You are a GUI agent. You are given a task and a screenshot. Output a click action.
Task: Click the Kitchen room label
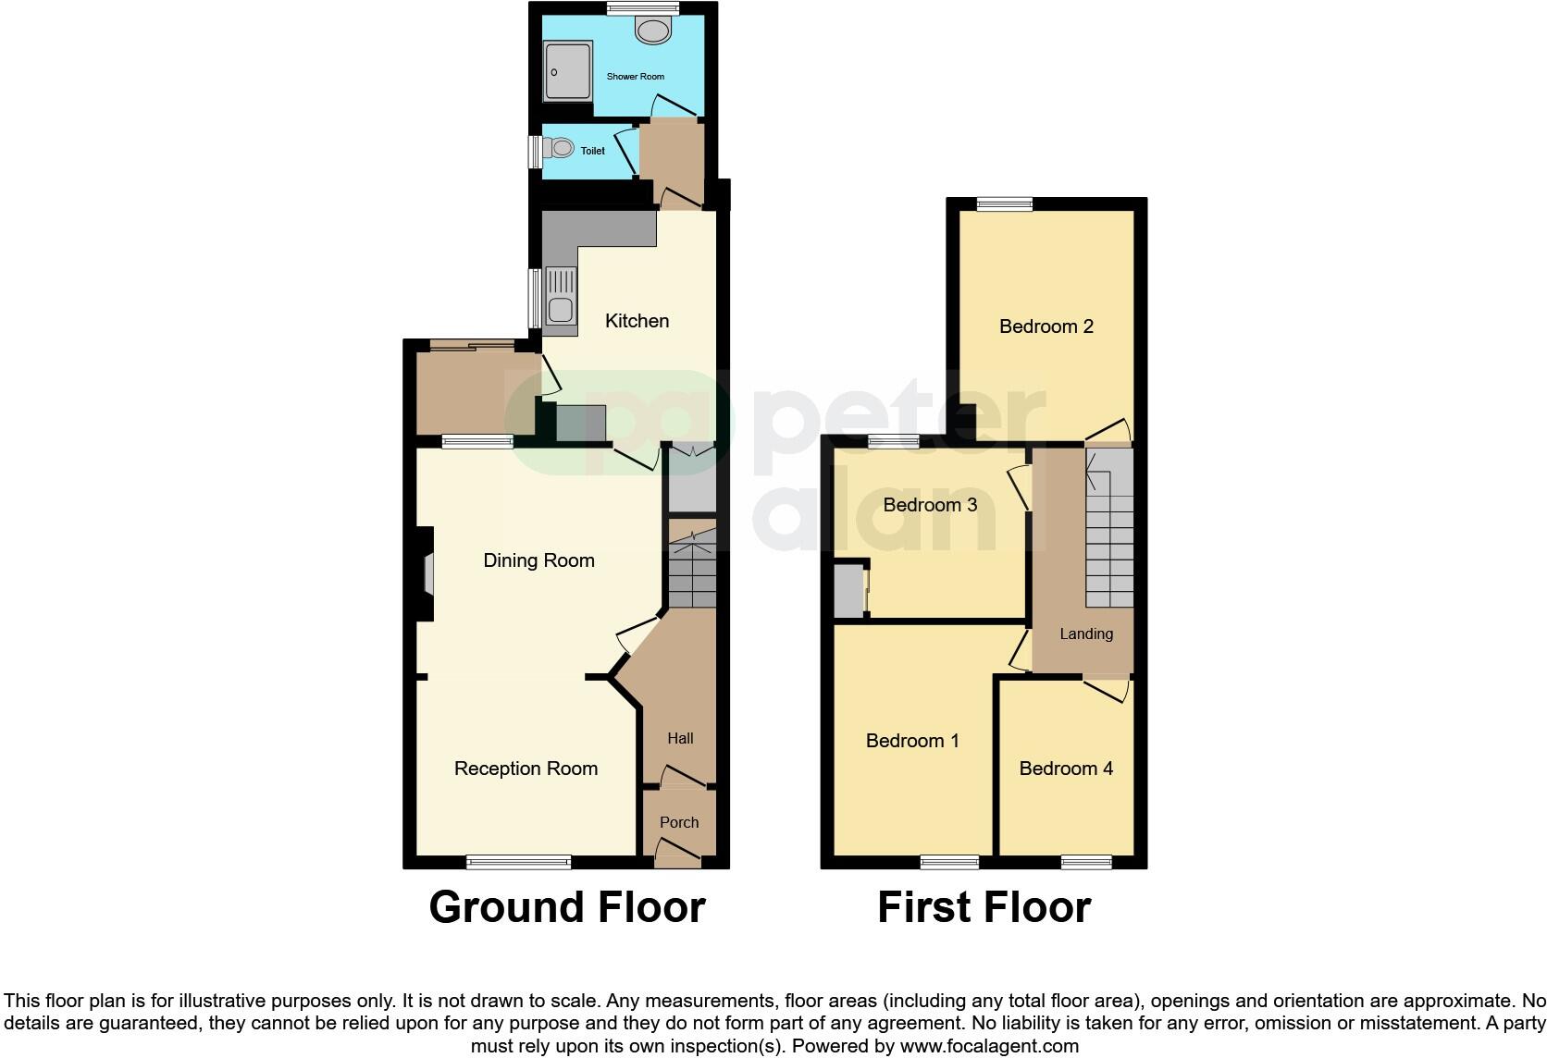click(637, 321)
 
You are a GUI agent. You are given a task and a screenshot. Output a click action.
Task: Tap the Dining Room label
click(538, 560)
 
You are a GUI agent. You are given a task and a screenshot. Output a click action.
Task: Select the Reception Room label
click(526, 769)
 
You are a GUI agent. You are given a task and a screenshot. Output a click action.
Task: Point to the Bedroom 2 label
click(1046, 326)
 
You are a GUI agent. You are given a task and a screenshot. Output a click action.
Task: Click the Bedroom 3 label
click(930, 505)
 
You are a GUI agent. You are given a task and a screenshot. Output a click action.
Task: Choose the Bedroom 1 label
click(912, 741)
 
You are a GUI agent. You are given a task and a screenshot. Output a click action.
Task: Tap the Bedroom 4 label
click(1066, 769)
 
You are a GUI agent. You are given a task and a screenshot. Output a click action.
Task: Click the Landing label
click(1086, 634)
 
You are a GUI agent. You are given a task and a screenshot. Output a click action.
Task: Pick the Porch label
click(679, 822)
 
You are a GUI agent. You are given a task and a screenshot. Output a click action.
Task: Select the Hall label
click(680, 738)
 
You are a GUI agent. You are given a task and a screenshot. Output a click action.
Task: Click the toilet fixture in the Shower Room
click(653, 31)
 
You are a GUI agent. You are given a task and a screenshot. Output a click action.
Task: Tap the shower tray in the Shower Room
click(567, 71)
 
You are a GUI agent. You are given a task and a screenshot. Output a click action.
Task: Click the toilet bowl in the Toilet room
click(559, 148)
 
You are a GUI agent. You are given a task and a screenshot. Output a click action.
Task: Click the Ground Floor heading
click(567, 907)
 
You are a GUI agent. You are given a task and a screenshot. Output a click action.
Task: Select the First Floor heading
click(984, 907)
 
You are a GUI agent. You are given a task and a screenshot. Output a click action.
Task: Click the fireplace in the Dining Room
click(427, 573)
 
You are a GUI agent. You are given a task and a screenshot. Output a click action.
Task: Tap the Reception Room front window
click(518, 862)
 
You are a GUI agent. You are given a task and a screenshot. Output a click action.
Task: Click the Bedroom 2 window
click(1005, 204)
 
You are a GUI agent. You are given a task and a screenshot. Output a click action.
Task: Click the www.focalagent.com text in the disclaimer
click(989, 1047)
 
